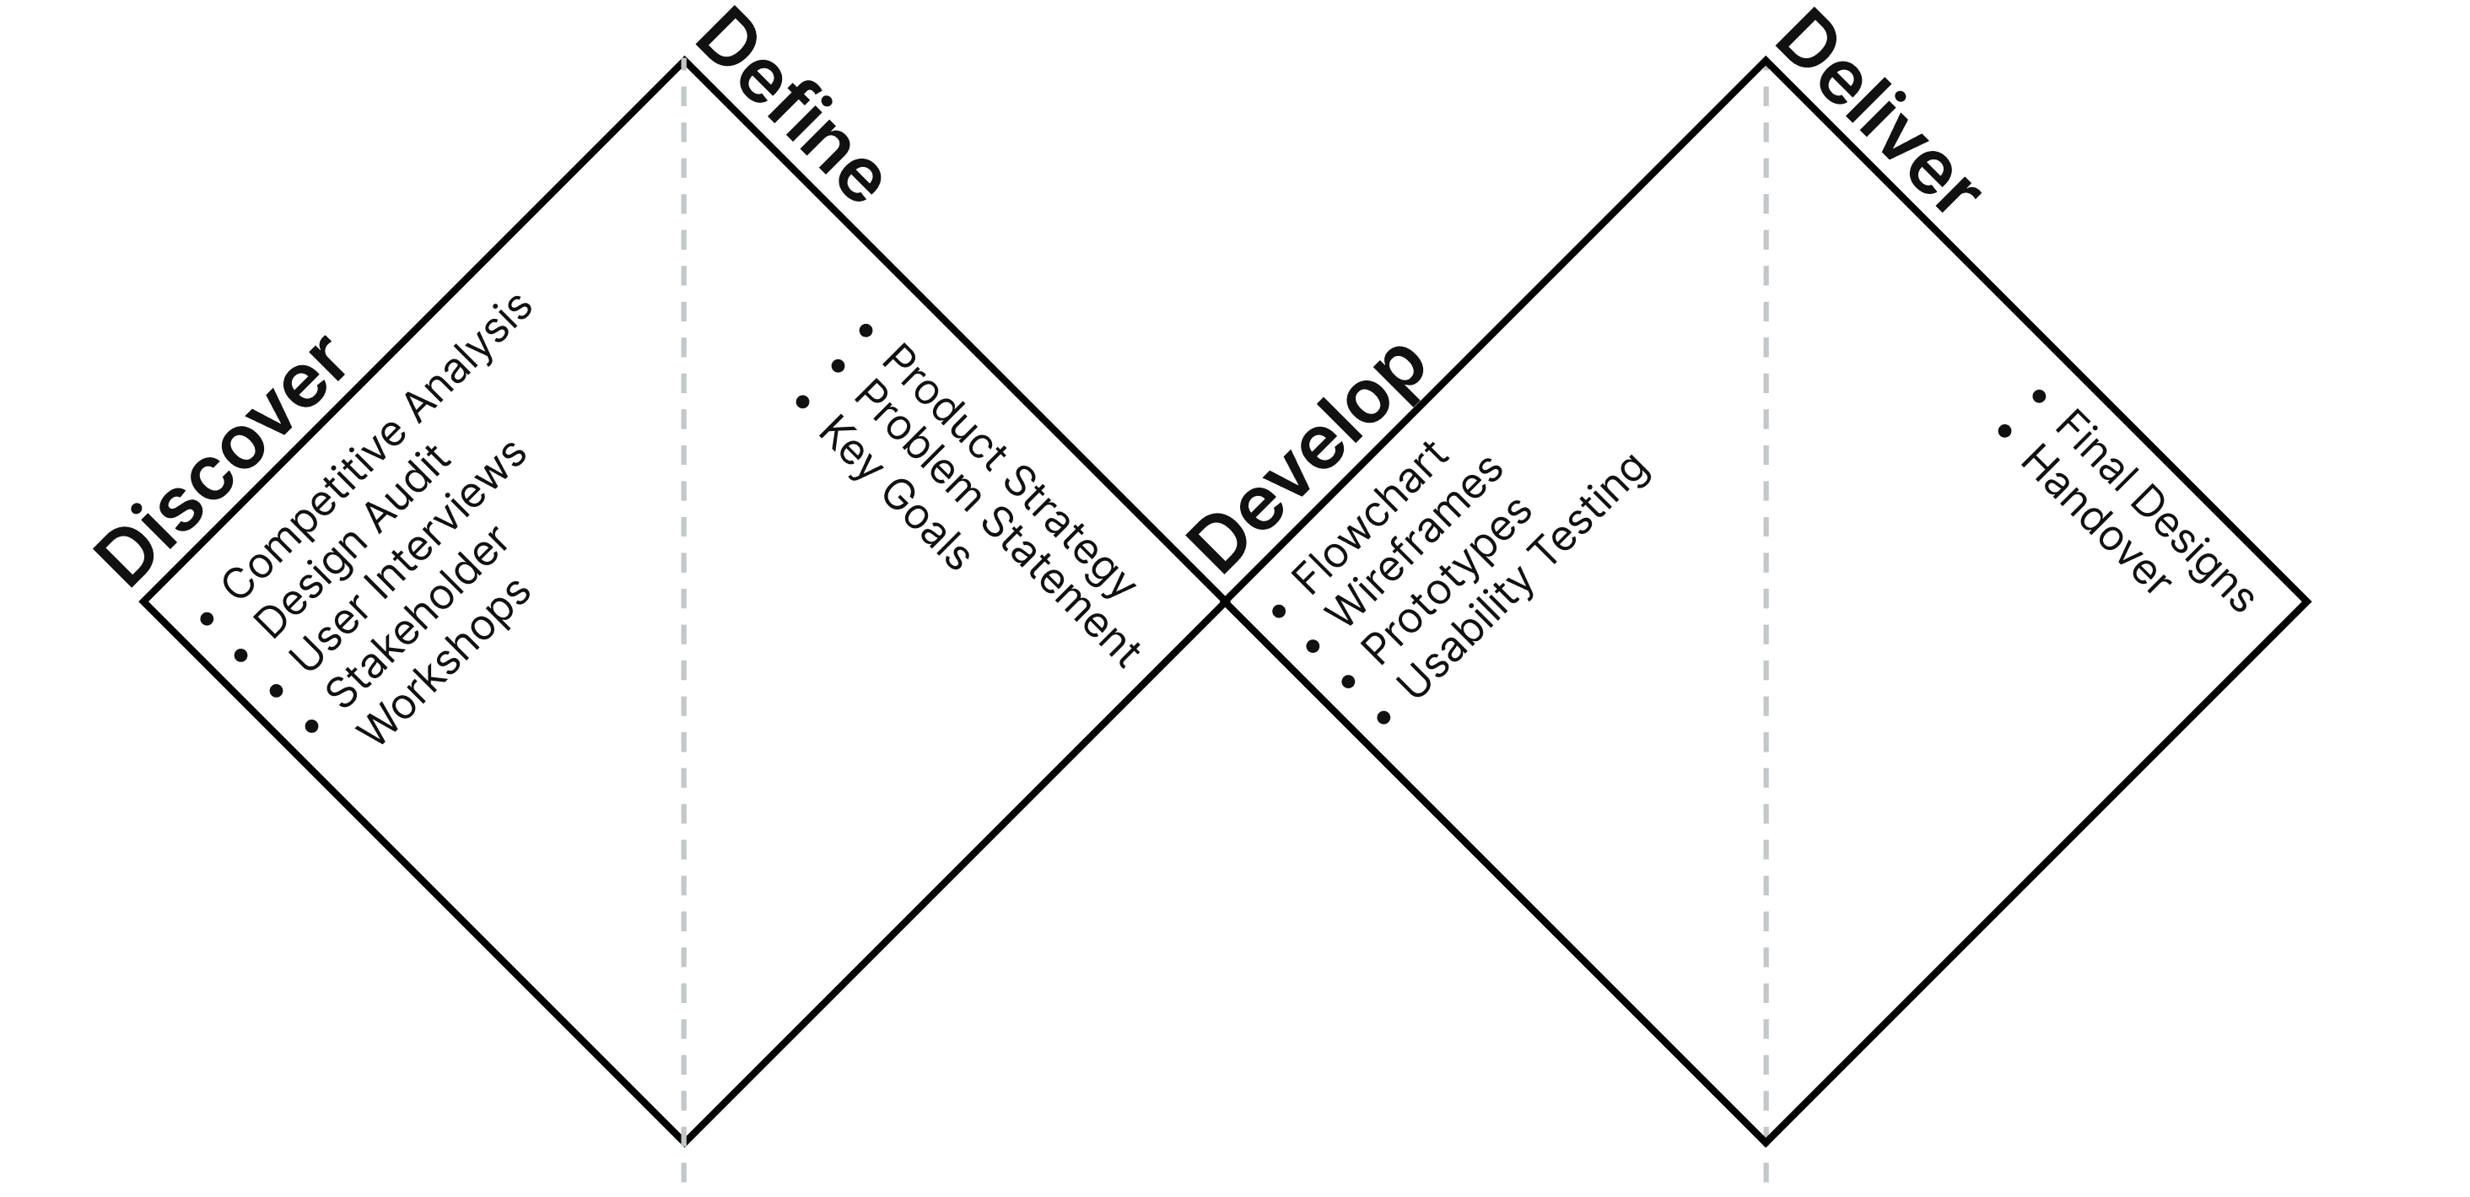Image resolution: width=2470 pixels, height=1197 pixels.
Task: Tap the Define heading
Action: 788,107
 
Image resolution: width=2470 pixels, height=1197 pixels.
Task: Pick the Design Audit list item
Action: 351,541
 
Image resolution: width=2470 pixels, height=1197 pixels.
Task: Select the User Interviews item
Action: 407,556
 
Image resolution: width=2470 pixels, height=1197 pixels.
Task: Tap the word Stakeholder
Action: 416,617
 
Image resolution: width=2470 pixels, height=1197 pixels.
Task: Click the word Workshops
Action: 445,662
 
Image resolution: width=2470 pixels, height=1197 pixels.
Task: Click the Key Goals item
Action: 893,493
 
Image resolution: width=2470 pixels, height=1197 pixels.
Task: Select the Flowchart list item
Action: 1369,517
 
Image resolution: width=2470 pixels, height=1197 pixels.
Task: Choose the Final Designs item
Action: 2154,510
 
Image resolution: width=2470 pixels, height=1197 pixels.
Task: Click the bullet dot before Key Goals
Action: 802,402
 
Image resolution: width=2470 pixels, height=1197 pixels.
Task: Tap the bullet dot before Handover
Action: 2004,432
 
